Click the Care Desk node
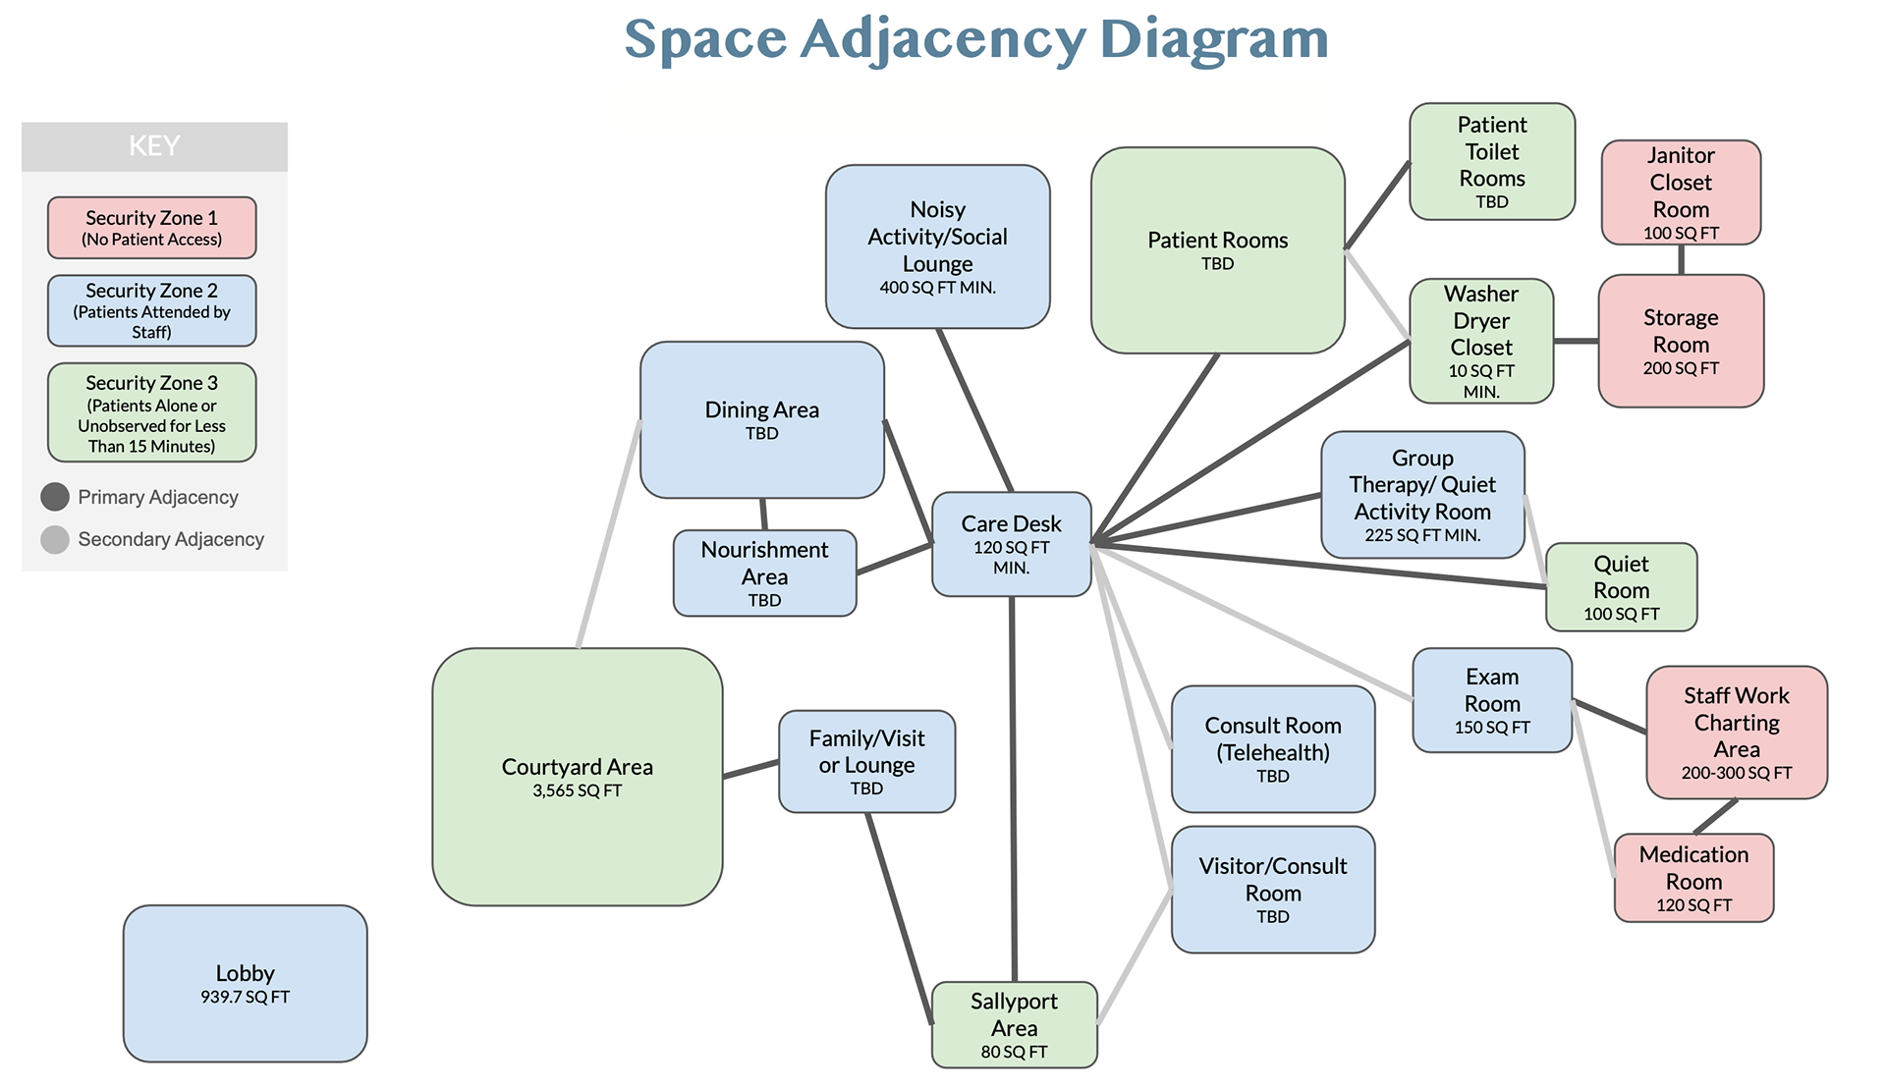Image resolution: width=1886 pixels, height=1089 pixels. (1011, 544)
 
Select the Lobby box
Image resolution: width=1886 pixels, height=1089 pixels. (245, 983)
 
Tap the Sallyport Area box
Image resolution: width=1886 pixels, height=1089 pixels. (1014, 1025)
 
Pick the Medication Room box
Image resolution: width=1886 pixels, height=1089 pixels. (1693, 878)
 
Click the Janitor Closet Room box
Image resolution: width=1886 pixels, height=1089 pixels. (1681, 192)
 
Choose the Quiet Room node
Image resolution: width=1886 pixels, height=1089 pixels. (1621, 587)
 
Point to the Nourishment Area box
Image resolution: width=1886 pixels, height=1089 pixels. (764, 573)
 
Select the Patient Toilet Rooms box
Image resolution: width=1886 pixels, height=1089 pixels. (1491, 161)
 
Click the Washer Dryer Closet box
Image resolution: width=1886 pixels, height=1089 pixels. (1481, 341)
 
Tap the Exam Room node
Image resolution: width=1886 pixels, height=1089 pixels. (1491, 700)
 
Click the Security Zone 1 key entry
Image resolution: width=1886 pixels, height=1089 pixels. (152, 228)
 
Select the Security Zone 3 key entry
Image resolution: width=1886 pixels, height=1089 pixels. (152, 412)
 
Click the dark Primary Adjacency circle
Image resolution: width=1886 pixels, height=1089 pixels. (55, 497)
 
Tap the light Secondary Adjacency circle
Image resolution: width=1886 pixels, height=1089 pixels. (55, 539)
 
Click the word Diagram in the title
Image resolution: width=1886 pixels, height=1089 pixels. (1213, 39)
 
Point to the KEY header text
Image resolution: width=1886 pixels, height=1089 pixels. (154, 146)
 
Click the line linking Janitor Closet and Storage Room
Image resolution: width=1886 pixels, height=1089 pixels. (1681, 259)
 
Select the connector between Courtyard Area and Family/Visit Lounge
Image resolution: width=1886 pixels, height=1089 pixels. (751, 769)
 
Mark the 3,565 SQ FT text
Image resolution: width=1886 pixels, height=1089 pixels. (577, 790)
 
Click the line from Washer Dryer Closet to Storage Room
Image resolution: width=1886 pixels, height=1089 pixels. (1576, 341)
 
